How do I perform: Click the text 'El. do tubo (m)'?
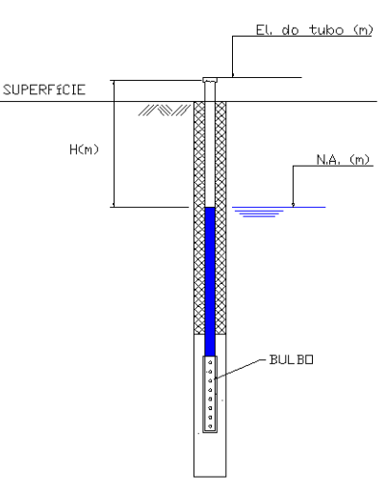coord(315,30)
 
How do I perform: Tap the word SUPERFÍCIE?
coord(44,90)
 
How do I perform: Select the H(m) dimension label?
coord(84,149)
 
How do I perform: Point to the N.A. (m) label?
coord(343,160)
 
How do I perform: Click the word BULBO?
coord(291,359)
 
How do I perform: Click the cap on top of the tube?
coord(210,80)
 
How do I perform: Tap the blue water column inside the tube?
coord(210,281)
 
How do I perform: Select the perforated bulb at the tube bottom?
coord(210,394)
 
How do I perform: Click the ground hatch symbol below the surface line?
coord(165,110)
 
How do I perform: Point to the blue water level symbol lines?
coord(259,212)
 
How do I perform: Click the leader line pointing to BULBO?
coord(240,369)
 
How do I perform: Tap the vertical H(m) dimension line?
coord(114,143)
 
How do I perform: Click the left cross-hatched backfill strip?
coord(199,218)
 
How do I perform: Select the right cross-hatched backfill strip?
coord(220,218)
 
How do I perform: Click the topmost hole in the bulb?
coord(210,363)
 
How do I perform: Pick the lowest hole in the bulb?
coord(210,426)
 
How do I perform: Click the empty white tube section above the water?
coord(210,144)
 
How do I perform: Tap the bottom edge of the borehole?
coord(210,477)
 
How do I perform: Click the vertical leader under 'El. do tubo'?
coord(233,56)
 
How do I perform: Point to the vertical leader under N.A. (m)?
coord(293,186)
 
